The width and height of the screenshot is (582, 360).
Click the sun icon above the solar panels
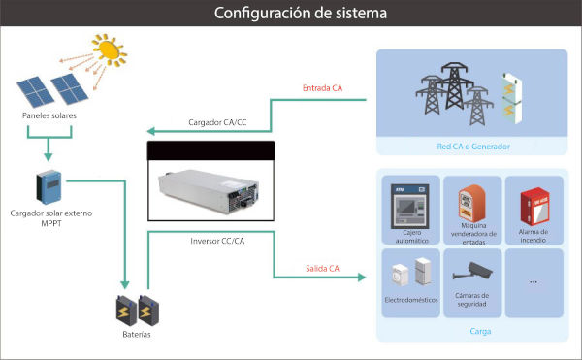tap(110, 50)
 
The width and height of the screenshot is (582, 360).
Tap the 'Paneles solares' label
tap(49, 115)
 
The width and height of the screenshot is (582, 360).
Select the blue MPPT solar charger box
tap(49, 187)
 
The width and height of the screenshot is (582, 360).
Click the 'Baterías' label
tap(137, 335)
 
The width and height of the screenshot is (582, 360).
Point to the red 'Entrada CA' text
tap(322, 88)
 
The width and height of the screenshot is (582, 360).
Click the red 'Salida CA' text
tap(322, 269)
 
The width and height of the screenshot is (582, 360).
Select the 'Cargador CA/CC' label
tap(217, 122)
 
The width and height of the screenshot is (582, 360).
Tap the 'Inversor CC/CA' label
tap(217, 241)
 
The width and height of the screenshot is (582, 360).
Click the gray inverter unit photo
tap(209, 191)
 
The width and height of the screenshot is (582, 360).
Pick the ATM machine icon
tap(409, 207)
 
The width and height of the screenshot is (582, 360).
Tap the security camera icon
tap(472, 271)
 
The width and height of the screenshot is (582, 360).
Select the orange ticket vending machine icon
tap(471, 204)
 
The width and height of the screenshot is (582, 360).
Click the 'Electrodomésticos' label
tap(411, 300)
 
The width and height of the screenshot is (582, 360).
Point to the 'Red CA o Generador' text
tap(473, 147)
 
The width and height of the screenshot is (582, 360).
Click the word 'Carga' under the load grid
tap(480, 331)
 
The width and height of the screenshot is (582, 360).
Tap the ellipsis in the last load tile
tap(533, 282)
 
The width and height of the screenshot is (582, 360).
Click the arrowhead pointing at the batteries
tap(125, 284)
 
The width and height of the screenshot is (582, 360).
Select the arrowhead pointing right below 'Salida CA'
tap(362, 277)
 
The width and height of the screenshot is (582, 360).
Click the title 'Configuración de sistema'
tap(301, 13)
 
